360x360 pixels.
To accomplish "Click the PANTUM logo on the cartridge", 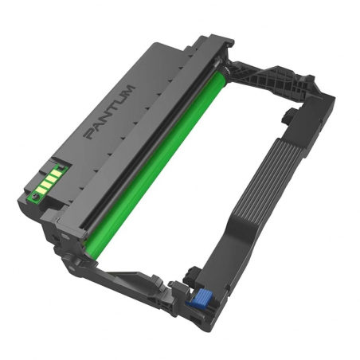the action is [x=109, y=112].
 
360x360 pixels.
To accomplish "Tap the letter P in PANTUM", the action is [x=90, y=133].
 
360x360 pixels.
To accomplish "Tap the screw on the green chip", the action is [x=35, y=196].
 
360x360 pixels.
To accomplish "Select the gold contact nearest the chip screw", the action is [x=41, y=189].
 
